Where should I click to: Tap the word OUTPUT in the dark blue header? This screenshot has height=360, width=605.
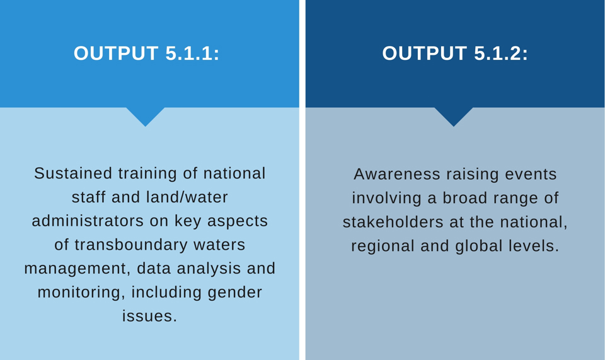pos(424,53)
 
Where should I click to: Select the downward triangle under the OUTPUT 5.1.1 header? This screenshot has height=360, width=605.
pos(146,117)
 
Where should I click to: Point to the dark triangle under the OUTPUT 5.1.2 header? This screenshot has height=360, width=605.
pos(454,117)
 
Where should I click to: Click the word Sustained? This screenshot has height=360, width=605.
pos(73,173)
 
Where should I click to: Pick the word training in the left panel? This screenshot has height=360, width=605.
pos(147,174)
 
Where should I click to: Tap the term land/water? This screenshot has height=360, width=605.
pos(187,197)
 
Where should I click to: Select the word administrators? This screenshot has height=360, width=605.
pos(88,221)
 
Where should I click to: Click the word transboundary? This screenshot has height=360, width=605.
pos(131,245)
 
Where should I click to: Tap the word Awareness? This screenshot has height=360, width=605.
pos(397,174)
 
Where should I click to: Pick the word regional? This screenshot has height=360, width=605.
pos(383,247)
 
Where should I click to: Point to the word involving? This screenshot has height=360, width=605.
pos(386,199)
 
